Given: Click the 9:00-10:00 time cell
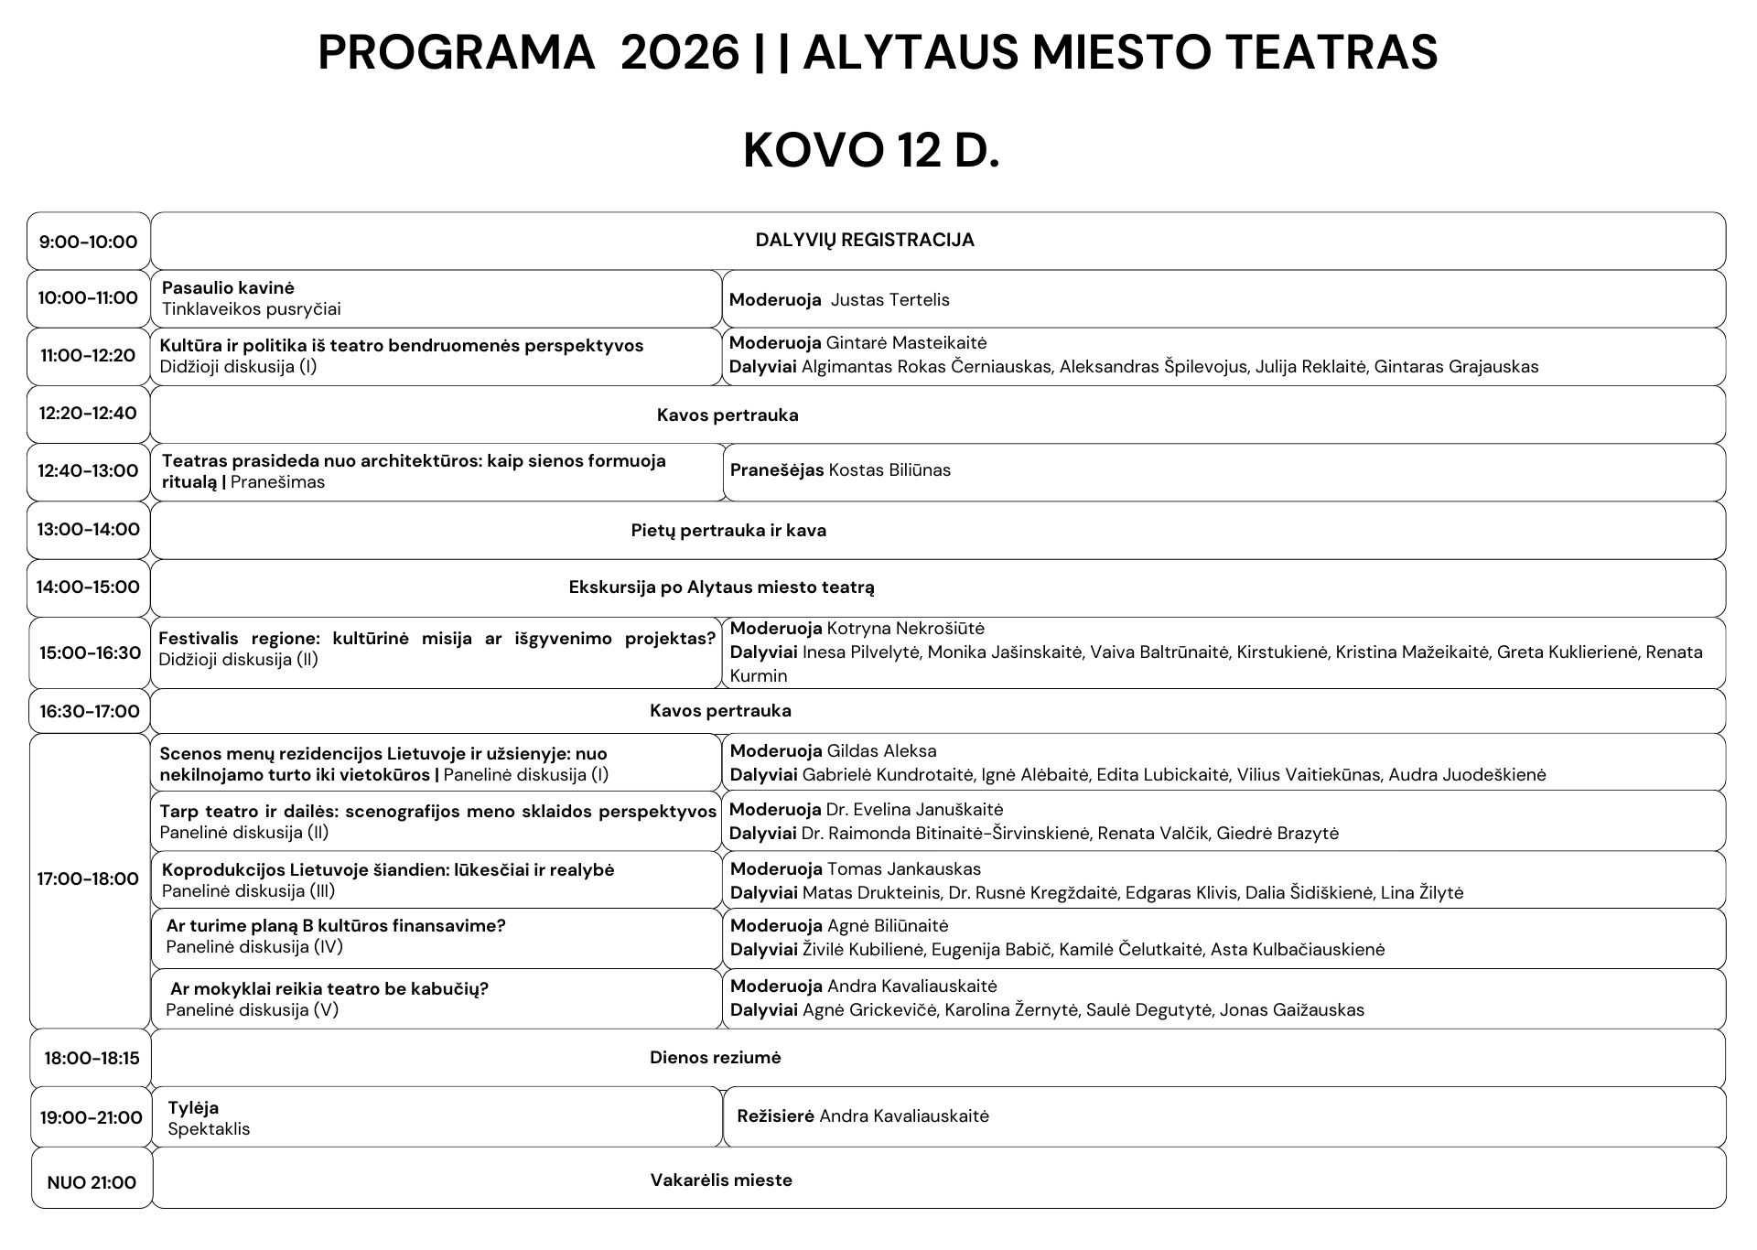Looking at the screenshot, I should tap(88, 242).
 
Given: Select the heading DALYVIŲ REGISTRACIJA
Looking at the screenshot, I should tap(865, 240).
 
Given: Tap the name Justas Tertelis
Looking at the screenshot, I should tap(889, 300).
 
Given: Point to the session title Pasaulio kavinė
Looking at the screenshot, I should tap(228, 287).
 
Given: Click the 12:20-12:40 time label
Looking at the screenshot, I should tap(88, 413).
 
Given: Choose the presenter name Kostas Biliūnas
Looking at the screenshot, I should tap(889, 470).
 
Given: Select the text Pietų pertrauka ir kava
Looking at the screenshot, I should tap(728, 531).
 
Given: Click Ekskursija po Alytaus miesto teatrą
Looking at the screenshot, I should tap(721, 587).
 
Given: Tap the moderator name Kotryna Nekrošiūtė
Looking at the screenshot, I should tap(905, 629).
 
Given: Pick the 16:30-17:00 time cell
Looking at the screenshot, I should tap(90, 711).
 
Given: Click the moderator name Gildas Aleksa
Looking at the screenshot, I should tap(881, 751).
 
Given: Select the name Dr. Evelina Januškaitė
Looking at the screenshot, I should tap(914, 810).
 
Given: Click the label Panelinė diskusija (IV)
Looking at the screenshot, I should tap(254, 947).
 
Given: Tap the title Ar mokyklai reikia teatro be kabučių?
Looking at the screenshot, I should tap(329, 988).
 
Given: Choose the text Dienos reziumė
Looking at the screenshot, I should tap(716, 1058).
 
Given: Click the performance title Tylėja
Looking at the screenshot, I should tap(193, 1108).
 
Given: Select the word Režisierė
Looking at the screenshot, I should tap(775, 1116).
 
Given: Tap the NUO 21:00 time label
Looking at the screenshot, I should tap(92, 1182).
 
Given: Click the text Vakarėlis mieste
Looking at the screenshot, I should tap(721, 1180).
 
